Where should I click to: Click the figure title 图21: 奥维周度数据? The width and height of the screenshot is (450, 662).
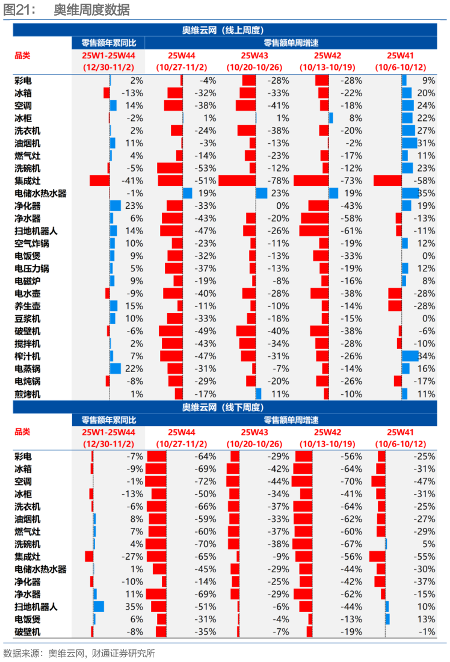click(x=66, y=10)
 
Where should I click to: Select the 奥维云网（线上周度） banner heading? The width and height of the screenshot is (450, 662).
click(x=224, y=30)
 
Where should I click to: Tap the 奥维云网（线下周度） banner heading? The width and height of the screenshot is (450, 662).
click(x=224, y=407)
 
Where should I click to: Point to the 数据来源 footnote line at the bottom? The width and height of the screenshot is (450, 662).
click(x=79, y=653)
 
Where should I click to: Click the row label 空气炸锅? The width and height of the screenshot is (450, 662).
click(x=31, y=243)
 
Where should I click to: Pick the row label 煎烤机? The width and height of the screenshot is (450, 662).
click(x=28, y=394)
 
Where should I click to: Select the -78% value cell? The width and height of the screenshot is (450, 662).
click(x=279, y=181)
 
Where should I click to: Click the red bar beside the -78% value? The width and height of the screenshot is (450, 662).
click(x=237, y=181)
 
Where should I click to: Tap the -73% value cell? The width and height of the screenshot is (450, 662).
click(x=351, y=181)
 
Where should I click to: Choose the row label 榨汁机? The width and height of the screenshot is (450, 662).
click(x=28, y=356)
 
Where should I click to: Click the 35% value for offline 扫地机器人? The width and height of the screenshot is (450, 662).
click(x=136, y=607)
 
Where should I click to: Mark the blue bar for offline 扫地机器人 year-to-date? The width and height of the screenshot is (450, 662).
click(x=99, y=607)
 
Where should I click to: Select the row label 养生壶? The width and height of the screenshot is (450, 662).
click(x=28, y=306)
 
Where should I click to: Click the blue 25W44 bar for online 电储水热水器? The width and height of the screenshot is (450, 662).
click(x=187, y=193)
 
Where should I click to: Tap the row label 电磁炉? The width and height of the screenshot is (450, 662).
click(x=28, y=281)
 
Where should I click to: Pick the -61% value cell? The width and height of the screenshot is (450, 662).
click(x=351, y=230)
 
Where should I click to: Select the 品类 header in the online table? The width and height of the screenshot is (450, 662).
click(x=22, y=55)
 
